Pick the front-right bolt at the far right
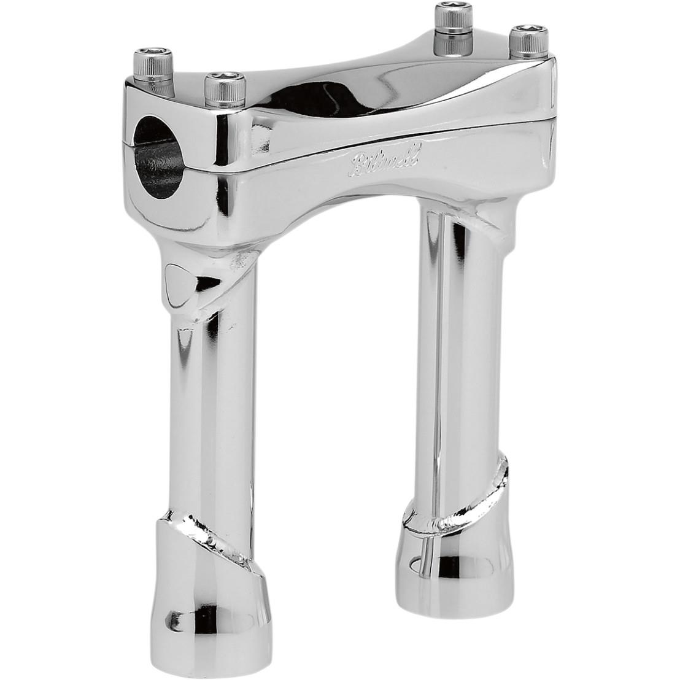tap(524, 43)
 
